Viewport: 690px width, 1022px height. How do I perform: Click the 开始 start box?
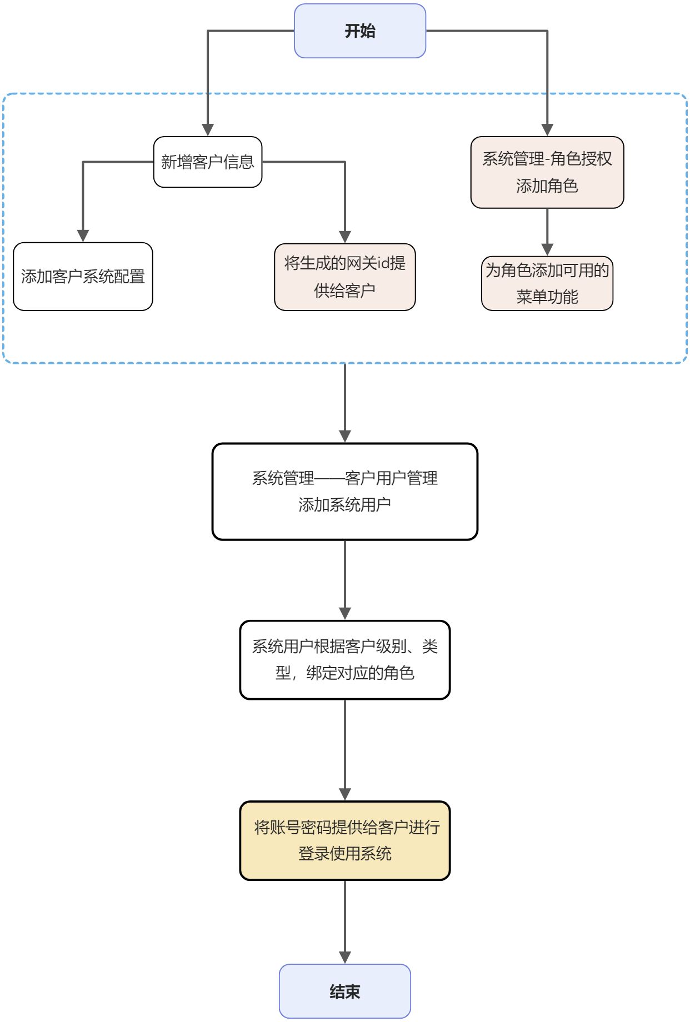click(359, 31)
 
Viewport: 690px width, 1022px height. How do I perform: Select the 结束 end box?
click(344, 991)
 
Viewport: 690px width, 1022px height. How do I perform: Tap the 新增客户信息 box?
click(207, 162)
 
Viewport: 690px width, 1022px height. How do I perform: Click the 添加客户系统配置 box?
click(83, 277)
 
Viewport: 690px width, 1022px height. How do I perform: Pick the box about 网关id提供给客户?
click(344, 277)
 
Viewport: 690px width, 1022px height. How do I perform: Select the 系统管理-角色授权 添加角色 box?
click(547, 172)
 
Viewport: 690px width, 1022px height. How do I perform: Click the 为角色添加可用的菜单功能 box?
click(547, 283)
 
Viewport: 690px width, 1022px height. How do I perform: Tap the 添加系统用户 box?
click(344, 492)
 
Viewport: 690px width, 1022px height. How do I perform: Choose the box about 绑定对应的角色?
click(344, 660)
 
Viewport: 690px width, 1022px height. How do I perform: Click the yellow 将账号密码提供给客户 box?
click(344, 840)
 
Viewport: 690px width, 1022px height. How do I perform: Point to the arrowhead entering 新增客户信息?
click(208, 130)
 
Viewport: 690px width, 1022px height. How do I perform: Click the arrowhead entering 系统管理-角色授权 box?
click(547, 130)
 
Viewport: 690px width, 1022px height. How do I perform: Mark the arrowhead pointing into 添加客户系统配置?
click(83, 236)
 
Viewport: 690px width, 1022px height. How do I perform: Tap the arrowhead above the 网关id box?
click(345, 237)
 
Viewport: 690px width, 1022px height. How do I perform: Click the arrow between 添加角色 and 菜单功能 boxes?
click(547, 232)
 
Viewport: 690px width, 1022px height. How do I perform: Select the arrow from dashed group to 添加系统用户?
click(345, 403)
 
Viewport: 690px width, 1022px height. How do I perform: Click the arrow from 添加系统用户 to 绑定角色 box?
click(345, 580)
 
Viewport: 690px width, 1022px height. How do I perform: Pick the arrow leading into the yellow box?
click(345, 750)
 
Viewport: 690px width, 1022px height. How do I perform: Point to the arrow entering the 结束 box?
click(345, 922)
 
